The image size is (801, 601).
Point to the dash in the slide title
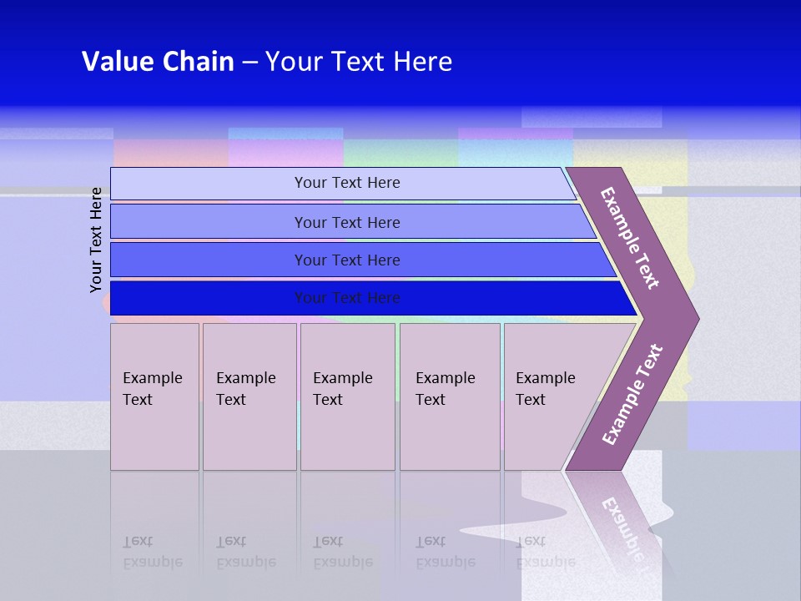pyautogui.click(x=249, y=63)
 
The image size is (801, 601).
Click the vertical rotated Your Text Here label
pyautogui.click(x=96, y=240)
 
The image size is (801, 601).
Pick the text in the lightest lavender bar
pyautogui.click(x=347, y=183)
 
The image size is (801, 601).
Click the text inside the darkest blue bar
pyautogui.click(x=347, y=298)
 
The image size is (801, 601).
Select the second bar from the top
pyautogui.click(x=347, y=222)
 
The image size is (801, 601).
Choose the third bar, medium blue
pyautogui.click(x=347, y=260)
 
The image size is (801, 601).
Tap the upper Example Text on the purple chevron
pyautogui.click(x=630, y=238)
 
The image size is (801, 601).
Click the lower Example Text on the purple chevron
pyautogui.click(x=632, y=395)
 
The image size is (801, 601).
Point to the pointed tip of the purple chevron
pyautogui.click(x=698, y=318)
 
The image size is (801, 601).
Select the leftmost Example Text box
pyautogui.click(x=154, y=396)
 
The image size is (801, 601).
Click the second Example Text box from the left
pyautogui.click(x=249, y=396)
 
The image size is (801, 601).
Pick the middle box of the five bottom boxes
pyautogui.click(x=347, y=396)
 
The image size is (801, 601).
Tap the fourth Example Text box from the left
pyautogui.click(x=450, y=396)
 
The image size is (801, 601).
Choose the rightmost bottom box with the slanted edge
pyautogui.click(x=551, y=396)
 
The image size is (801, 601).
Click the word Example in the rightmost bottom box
pyautogui.click(x=545, y=378)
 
